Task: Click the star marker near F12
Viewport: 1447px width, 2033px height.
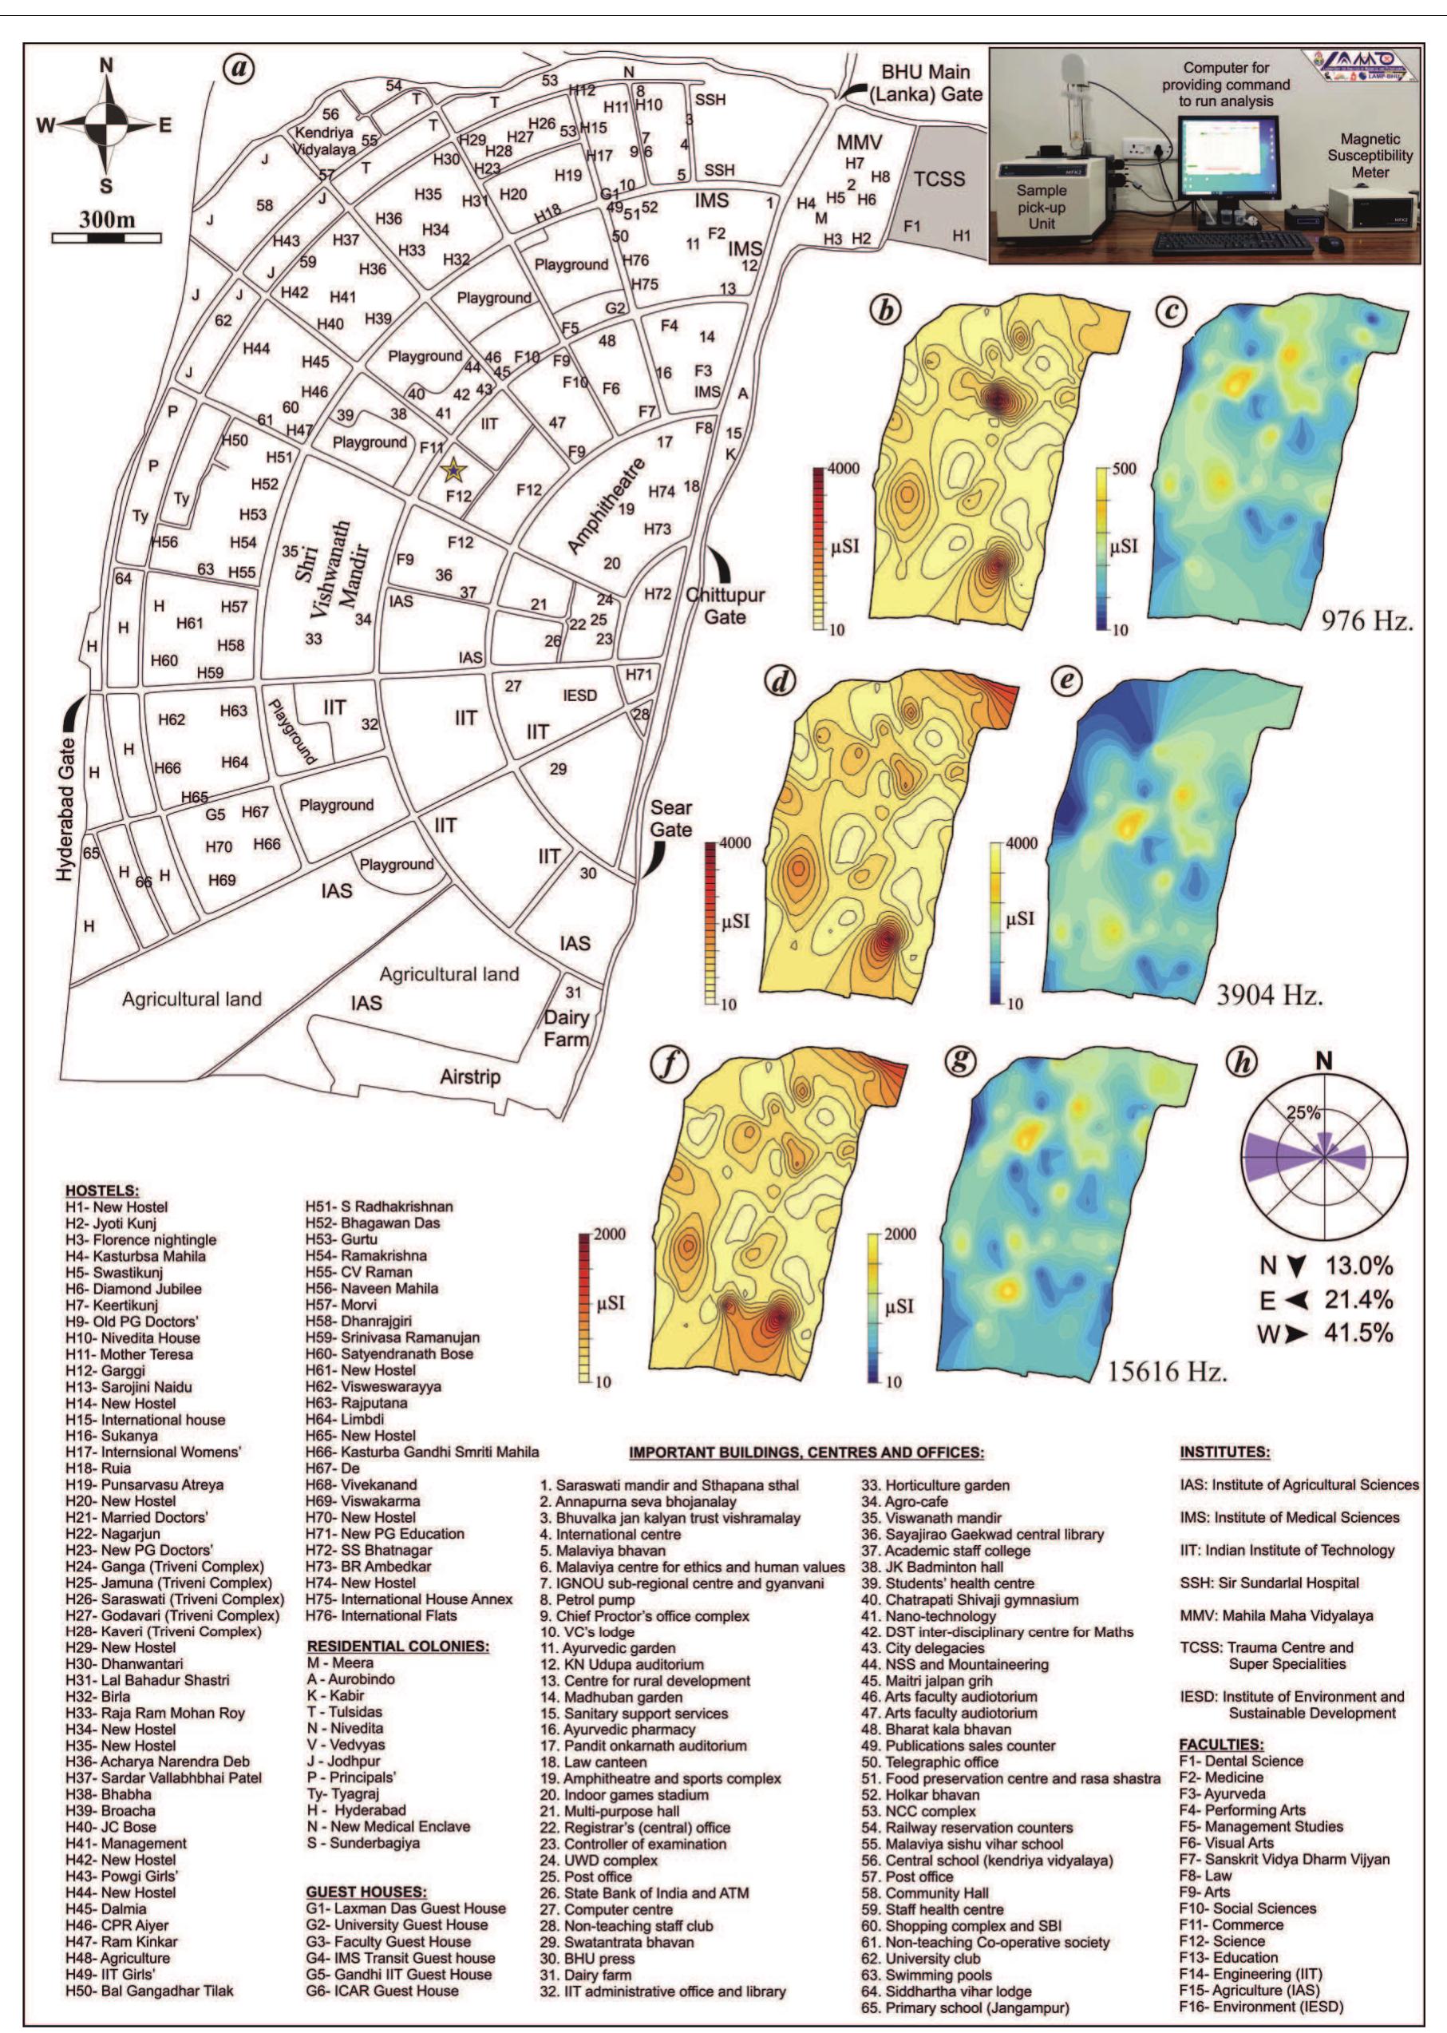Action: [454, 467]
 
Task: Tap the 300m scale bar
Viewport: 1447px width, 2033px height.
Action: [107, 237]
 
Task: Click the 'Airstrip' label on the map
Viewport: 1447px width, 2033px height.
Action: [469, 1076]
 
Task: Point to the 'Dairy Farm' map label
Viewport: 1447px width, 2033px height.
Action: [567, 1028]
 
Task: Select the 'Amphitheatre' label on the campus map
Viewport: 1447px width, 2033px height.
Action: [605, 505]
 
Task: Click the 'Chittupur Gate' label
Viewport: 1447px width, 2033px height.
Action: [725, 605]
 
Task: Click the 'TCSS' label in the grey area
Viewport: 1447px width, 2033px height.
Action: [939, 179]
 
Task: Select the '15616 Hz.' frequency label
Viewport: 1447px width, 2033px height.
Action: [1167, 1372]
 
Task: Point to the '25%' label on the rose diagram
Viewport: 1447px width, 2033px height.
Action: [1303, 1112]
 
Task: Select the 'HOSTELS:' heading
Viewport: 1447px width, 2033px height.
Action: [101, 1190]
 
